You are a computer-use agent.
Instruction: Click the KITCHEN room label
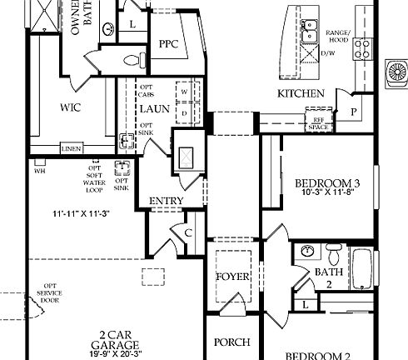point(301,93)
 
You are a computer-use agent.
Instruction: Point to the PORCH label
point(232,342)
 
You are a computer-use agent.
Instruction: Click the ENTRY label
point(166,202)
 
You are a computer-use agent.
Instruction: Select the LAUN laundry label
point(155,109)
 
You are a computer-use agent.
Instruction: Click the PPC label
point(170,43)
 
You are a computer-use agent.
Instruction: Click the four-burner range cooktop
point(362,48)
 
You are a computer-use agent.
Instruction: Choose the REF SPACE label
point(318,122)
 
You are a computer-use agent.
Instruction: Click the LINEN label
point(72,149)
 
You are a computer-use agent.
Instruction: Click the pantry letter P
point(354,112)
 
